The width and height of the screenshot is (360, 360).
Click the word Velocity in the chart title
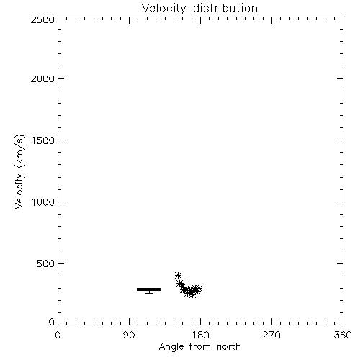[x=164, y=9]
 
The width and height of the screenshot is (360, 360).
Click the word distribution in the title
[x=225, y=8]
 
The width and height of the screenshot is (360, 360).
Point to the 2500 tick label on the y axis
[x=42, y=19]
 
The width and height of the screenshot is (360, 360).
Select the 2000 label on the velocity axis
[x=42, y=78]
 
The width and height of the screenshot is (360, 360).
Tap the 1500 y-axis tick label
[x=43, y=140]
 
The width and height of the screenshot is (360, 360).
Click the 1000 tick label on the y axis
[x=43, y=202]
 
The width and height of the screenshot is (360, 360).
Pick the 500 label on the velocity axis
[x=46, y=264]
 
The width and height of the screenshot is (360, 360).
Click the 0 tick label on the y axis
[x=52, y=322]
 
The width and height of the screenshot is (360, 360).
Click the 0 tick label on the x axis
[x=58, y=335]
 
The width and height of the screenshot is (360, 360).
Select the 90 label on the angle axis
[x=129, y=335]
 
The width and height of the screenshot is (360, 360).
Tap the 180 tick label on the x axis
[x=200, y=335]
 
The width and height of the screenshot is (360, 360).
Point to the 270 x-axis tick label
[x=271, y=335]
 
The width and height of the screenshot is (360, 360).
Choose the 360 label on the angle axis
[x=343, y=335]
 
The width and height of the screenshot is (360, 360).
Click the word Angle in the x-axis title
[x=171, y=347]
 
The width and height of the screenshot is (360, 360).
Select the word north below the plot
[x=229, y=346]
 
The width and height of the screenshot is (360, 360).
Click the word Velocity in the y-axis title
[x=19, y=191]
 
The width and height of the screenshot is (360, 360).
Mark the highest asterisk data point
[x=178, y=275]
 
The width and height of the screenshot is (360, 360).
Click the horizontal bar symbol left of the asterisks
[x=149, y=289]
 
